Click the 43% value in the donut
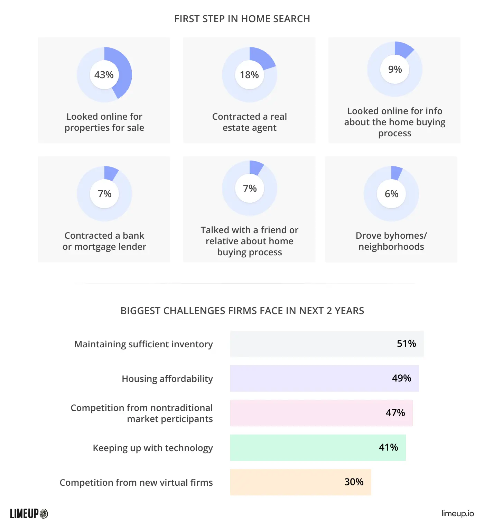(x=104, y=75)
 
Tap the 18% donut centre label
(x=249, y=75)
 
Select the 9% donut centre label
(x=395, y=69)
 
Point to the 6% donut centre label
(x=391, y=194)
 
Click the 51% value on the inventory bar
(x=406, y=344)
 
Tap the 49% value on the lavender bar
(x=401, y=378)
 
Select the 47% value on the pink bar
(x=395, y=413)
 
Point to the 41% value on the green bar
(x=388, y=447)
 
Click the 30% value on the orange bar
(x=354, y=482)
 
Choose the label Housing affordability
(x=167, y=379)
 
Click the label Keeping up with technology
(x=153, y=448)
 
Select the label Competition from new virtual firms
(x=136, y=483)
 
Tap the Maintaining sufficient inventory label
(x=143, y=344)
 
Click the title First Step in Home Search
(x=242, y=19)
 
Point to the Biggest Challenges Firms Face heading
(x=242, y=311)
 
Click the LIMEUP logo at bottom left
(x=29, y=514)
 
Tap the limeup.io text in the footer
(x=457, y=513)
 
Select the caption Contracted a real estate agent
(x=249, y=122)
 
